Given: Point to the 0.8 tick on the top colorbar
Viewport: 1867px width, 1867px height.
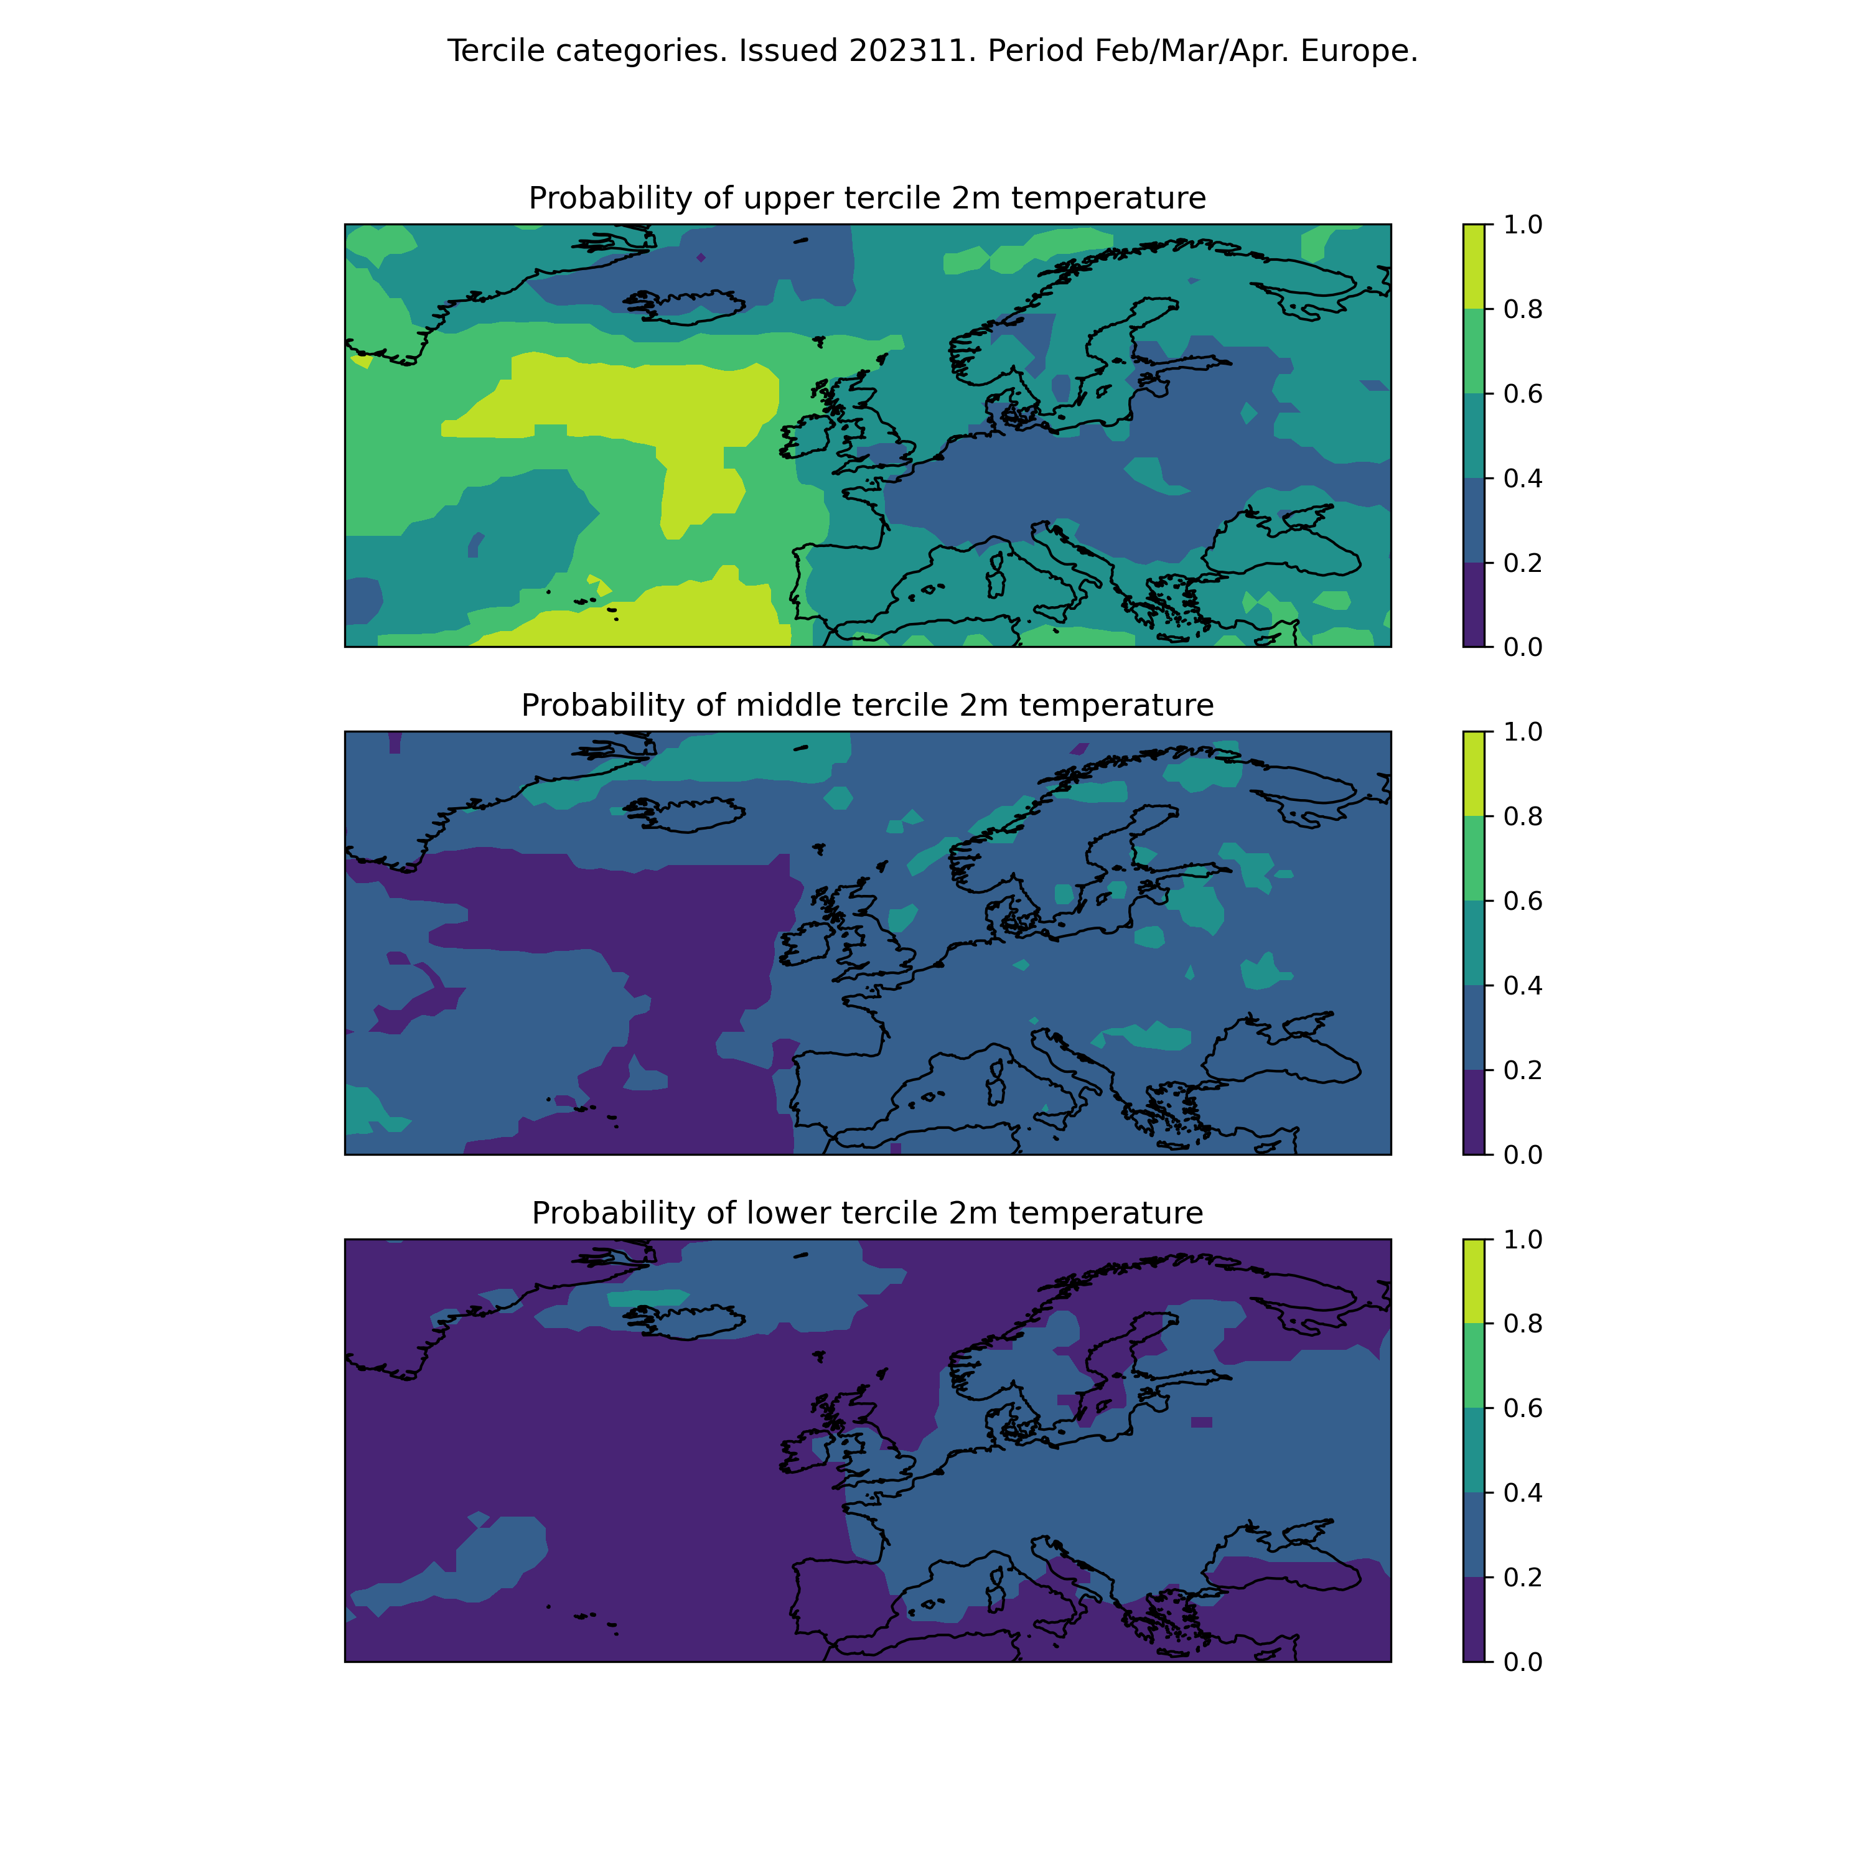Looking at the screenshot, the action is pos(1522,309).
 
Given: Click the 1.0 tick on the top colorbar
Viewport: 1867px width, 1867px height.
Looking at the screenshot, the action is pos(1522,224).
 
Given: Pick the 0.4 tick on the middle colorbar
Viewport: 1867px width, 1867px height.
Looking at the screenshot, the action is pos(1522,986).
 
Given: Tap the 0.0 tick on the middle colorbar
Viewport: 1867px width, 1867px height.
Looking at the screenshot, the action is pos(1522,1155).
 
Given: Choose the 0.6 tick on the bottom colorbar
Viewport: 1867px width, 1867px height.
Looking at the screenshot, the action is pos(1522,1408).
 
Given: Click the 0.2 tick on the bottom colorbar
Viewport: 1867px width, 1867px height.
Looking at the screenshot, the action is pos(1522,1577).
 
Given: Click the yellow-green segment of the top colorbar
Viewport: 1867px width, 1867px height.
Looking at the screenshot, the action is pos(1474,267).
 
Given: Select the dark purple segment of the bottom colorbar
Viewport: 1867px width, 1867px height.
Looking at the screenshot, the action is pos(1474,1619).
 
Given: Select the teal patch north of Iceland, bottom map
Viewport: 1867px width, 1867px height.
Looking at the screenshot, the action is pos(647,1298).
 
